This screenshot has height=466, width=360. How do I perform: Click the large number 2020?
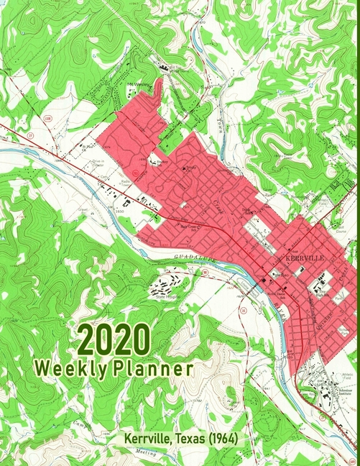pyautogui.click(x=114, y=339)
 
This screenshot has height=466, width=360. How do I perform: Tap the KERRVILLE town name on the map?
pyautogui.click(x=306, y=257)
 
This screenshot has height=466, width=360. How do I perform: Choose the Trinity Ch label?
pyautogui.click(x=190, y=168)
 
